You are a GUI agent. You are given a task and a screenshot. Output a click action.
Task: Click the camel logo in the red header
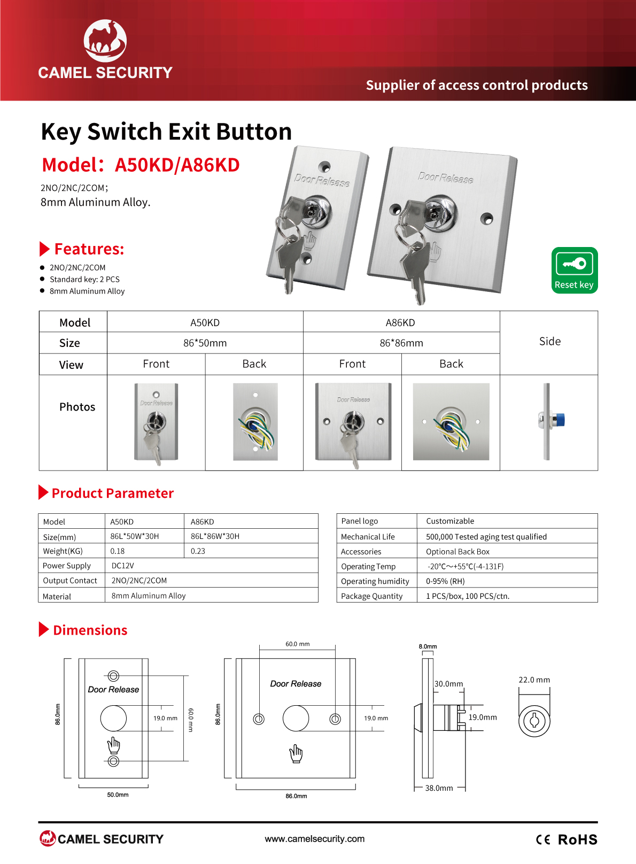click(x=105, y=41)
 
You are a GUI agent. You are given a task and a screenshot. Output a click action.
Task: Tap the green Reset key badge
click(x=575, y=271)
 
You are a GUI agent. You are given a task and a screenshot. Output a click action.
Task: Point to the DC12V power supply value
click(x=122, y=566)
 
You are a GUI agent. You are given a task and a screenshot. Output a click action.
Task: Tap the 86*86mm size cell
click(x=401, y=343)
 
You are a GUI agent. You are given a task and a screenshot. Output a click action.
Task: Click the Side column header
click(x=549, y=341)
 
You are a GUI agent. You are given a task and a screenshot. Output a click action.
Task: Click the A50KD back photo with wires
click(x=255, y=422)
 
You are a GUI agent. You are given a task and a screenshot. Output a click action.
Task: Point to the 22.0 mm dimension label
click(x=534, y=680)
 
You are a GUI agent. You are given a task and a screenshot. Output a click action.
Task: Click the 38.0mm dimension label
click(x=439, y=788)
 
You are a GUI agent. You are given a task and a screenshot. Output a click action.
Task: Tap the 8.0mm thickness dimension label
click(x=428, y=646)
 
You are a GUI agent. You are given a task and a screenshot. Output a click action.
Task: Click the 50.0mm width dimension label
click(x=118, y=794)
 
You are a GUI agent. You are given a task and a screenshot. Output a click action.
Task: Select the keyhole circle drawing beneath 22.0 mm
click(x=534, y=720)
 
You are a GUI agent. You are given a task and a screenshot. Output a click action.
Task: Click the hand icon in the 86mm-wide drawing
click(x=296, y=754)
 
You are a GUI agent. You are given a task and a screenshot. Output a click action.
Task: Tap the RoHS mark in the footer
click(x=577, y=840)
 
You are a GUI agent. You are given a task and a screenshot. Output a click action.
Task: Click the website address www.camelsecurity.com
click(x=315, y=839)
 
